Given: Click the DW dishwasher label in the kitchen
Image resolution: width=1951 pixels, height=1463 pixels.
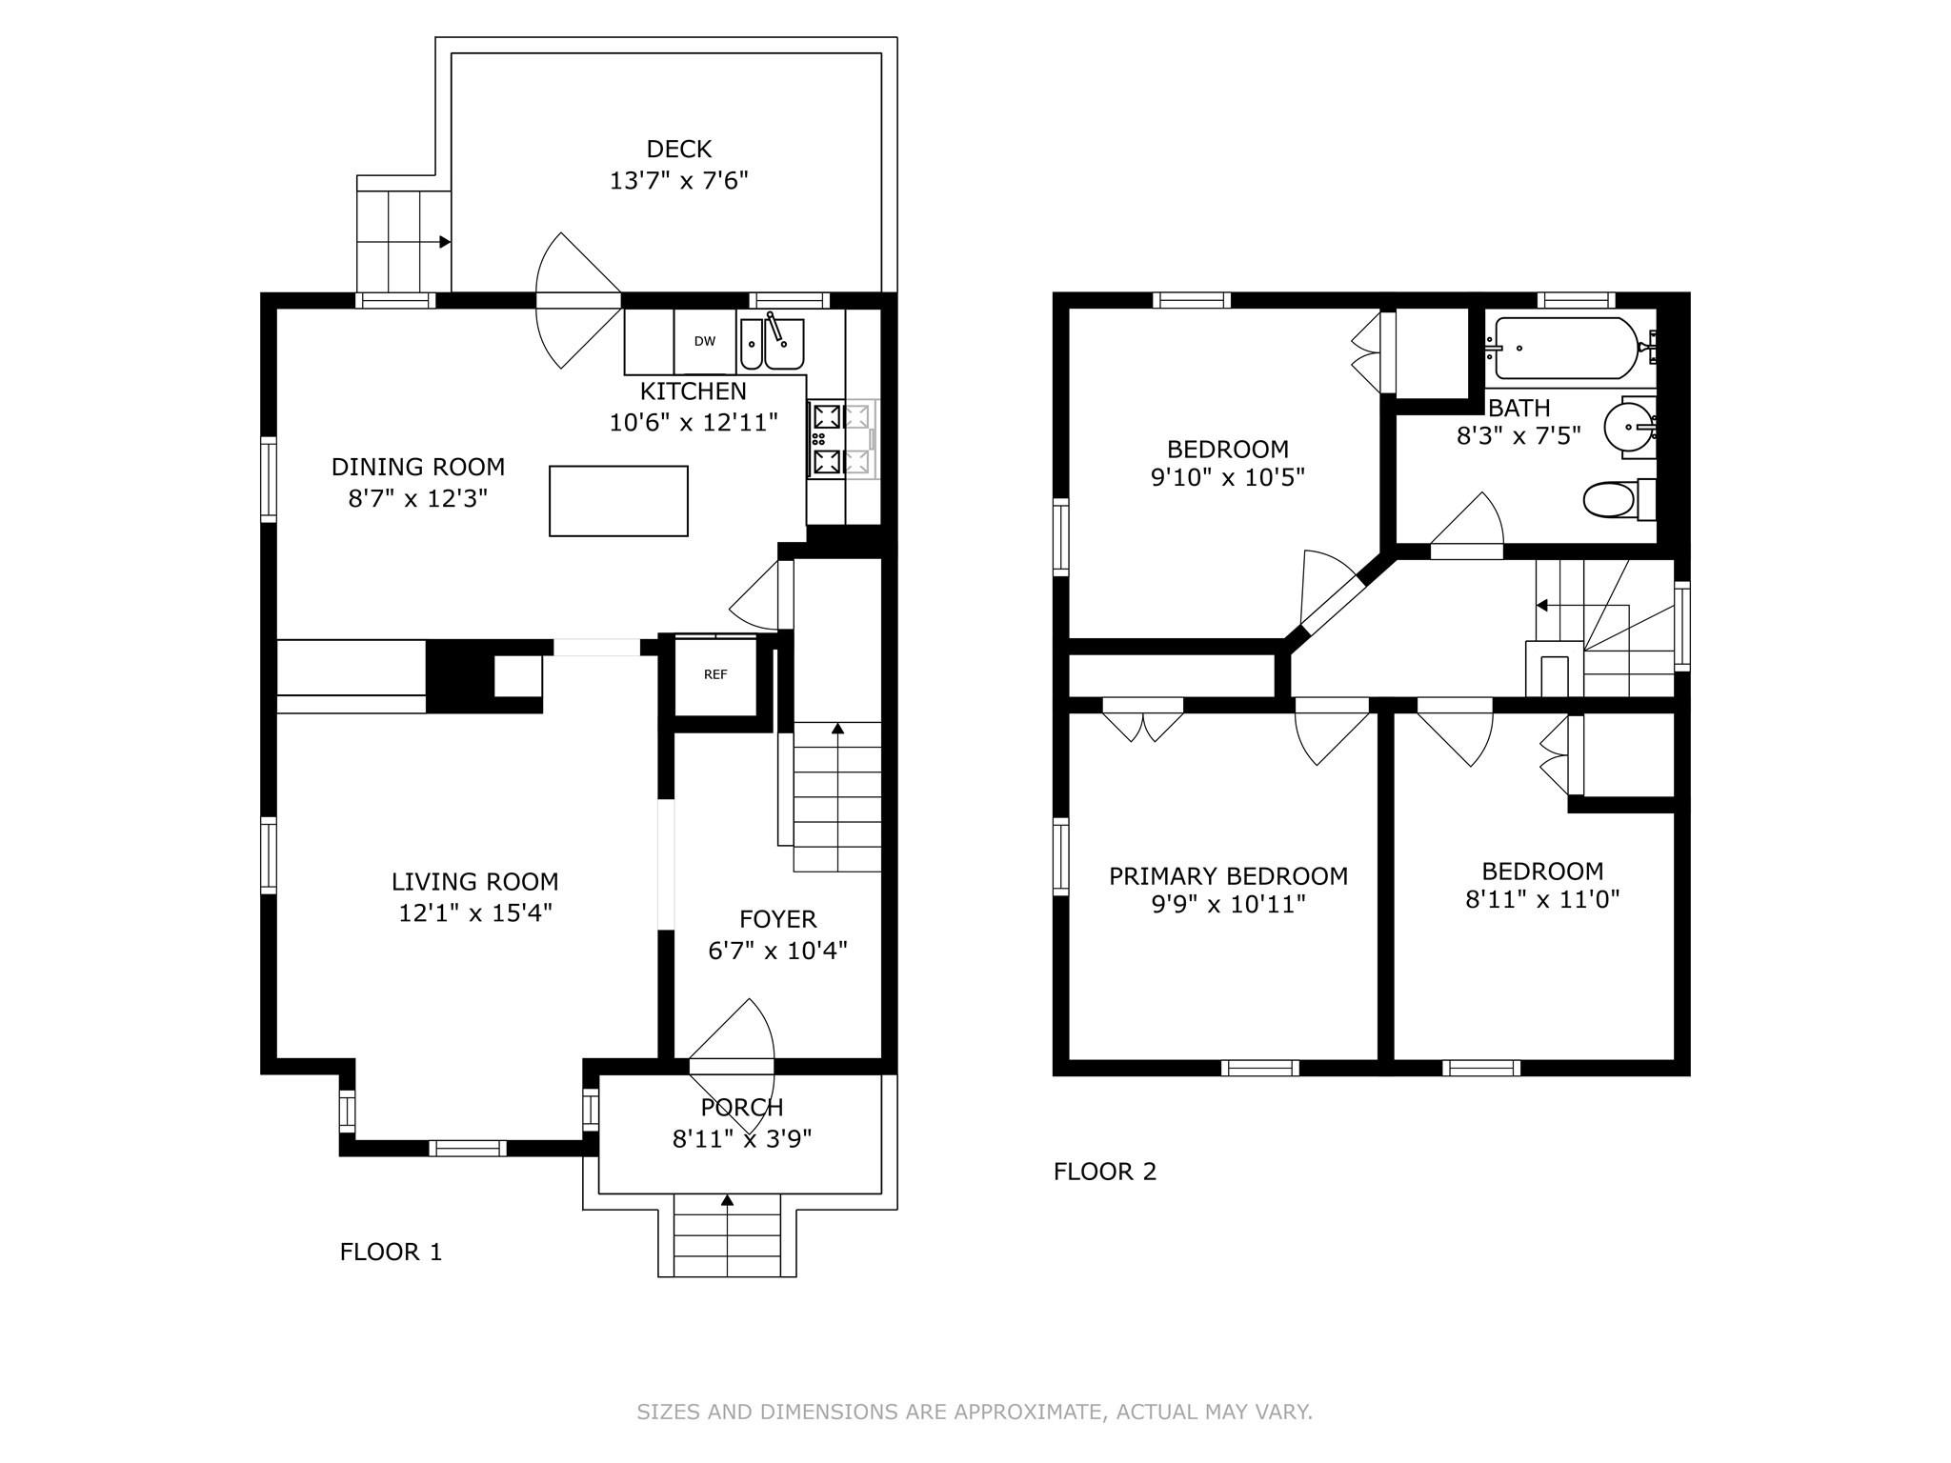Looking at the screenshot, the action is pos(704,341).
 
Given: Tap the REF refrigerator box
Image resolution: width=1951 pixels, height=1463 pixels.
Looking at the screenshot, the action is pos(715,675).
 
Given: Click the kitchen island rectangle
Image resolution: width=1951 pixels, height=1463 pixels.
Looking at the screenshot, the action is pos(618,501).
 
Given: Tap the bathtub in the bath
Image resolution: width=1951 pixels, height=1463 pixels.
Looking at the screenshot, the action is pos(1567,348).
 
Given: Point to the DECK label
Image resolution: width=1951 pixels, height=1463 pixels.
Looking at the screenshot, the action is pos(679,150).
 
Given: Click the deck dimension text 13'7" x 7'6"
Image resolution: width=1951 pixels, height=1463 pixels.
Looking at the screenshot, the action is pos(679,181).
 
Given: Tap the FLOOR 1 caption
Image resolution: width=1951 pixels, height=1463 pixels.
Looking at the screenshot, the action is pos(391,1252).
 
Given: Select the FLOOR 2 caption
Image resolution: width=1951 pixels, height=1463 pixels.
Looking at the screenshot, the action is pos(1105,1172).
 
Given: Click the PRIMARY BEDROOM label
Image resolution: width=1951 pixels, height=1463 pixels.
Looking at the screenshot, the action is pos(1228,876).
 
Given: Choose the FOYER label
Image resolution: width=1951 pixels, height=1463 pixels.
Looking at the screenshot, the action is pos(778,919).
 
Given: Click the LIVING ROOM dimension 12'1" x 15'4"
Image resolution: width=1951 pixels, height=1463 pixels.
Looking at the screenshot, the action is pos(475,913).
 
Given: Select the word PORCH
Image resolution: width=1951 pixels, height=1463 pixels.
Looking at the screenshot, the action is pos(742,1108).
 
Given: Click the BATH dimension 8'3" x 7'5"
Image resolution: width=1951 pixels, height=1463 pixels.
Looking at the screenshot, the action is pos(1519,436).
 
